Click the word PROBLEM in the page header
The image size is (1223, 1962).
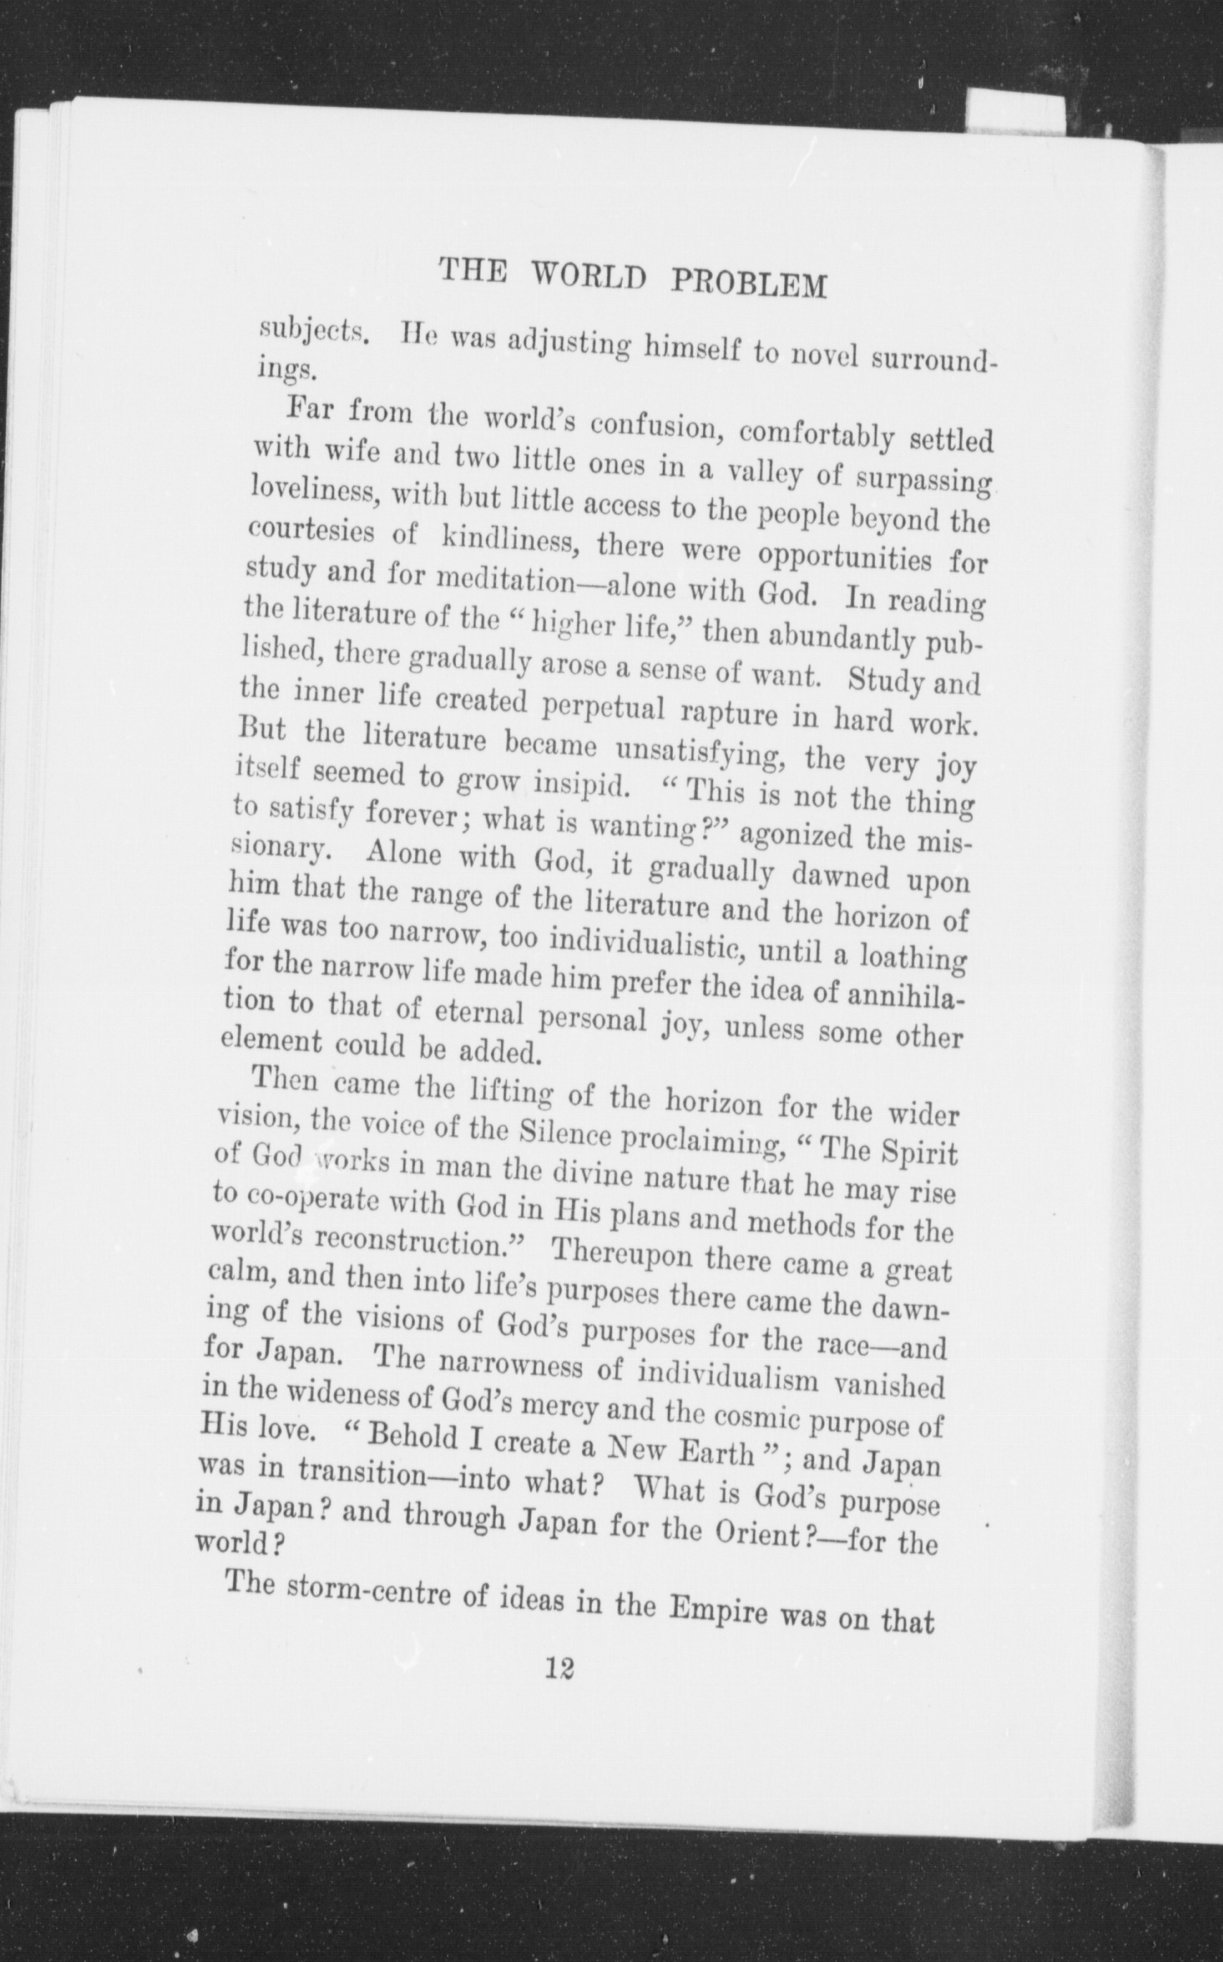click(748, 284)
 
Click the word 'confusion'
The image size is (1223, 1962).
click(653, 427)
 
